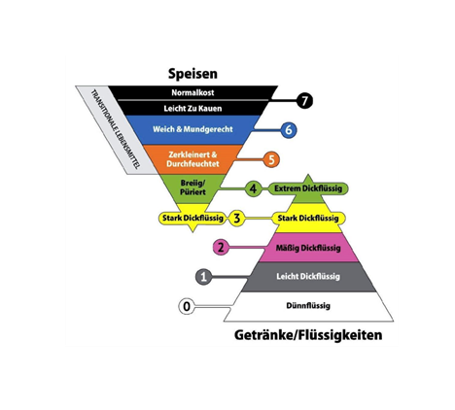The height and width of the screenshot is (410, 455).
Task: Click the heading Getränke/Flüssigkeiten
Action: point(308,336)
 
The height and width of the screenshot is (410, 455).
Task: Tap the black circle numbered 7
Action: point(305,100)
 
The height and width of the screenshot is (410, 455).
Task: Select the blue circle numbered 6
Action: point(288,129)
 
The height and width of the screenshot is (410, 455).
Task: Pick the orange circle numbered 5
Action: point(271,159)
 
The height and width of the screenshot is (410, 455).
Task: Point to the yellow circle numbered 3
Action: point(236,219)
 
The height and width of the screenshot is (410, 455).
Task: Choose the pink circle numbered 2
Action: point(221,248)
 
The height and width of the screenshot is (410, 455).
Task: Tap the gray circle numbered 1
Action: point(203,277)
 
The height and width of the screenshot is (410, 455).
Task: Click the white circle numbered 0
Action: point(186,307)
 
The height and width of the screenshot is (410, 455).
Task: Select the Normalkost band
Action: point(191,92)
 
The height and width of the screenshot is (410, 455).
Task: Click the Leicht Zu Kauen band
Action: point(191,107)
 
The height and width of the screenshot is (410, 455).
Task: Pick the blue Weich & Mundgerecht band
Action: point(191,129)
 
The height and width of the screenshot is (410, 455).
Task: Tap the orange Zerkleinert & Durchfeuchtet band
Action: point(191,159)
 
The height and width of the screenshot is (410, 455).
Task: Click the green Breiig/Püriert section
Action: point(191,187)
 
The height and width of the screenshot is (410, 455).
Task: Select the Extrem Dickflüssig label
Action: point(308,188)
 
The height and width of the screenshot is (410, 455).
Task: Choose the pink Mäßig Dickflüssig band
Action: point(308,248)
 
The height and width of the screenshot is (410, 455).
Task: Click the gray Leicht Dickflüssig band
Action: point(308,277)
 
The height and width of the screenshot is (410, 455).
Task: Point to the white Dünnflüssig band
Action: point(308,307)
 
